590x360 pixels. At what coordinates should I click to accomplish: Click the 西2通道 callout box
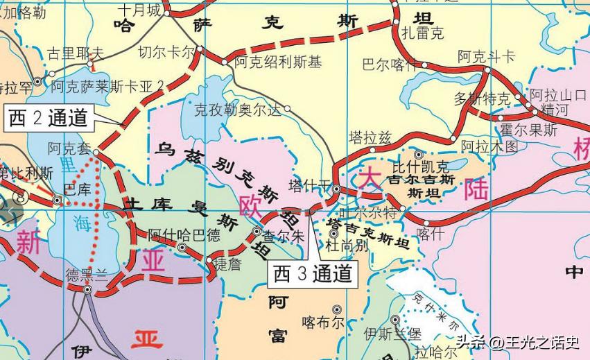coord(49,118)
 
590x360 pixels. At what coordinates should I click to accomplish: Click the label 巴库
coord(76,188)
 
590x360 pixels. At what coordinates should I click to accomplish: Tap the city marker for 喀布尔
coord(337,309)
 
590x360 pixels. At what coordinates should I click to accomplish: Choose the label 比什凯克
coord(421,166)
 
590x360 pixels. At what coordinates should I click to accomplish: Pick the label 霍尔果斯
coord(528,130)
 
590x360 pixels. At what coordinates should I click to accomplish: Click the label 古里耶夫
coord(75,53)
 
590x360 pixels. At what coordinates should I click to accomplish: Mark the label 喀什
coord(431,234)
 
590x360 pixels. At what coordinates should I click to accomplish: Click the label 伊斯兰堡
coord(393,333)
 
